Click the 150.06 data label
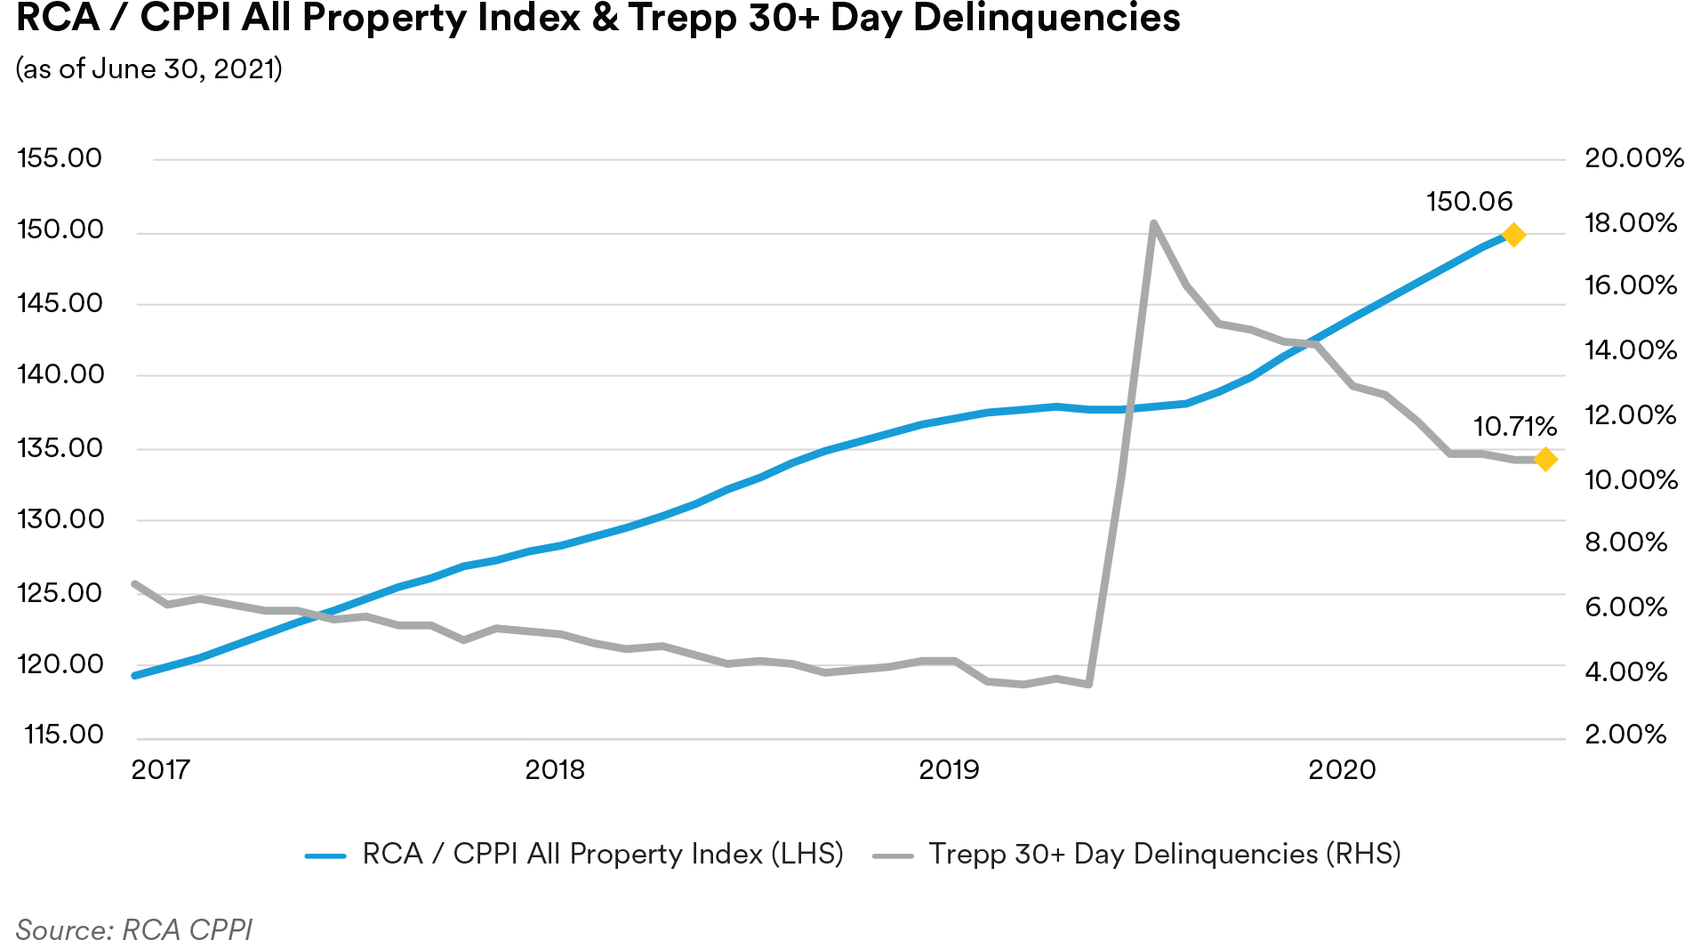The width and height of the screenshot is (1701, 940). point(1469,202)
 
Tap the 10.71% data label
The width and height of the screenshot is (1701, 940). point(1514,427)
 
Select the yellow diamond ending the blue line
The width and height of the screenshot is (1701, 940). point(1513,235)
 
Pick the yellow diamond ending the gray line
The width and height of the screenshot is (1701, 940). point(1545,459)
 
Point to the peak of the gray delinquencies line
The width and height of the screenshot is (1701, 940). point(1153,223)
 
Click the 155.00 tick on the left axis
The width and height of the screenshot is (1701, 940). point(60,158)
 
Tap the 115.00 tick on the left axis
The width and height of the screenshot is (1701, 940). point(64,735)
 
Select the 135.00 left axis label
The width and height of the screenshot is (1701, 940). point(60,447)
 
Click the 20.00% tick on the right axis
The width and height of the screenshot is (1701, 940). point(1633,158)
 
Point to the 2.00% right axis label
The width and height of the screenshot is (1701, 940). point(1625,735)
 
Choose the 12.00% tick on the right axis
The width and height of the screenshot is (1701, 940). point(1630,415)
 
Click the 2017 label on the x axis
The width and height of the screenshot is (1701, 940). point(161,769)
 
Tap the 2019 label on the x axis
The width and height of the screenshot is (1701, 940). point(948,769)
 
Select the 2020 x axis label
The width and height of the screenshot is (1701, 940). point(1342,769)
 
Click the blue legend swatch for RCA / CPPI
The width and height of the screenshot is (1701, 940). point(325,856)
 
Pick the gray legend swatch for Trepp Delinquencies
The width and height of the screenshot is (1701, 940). point(893,856)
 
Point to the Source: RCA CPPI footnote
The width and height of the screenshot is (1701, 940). point(134,928)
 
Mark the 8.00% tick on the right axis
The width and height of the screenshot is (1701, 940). point(1625,542)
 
